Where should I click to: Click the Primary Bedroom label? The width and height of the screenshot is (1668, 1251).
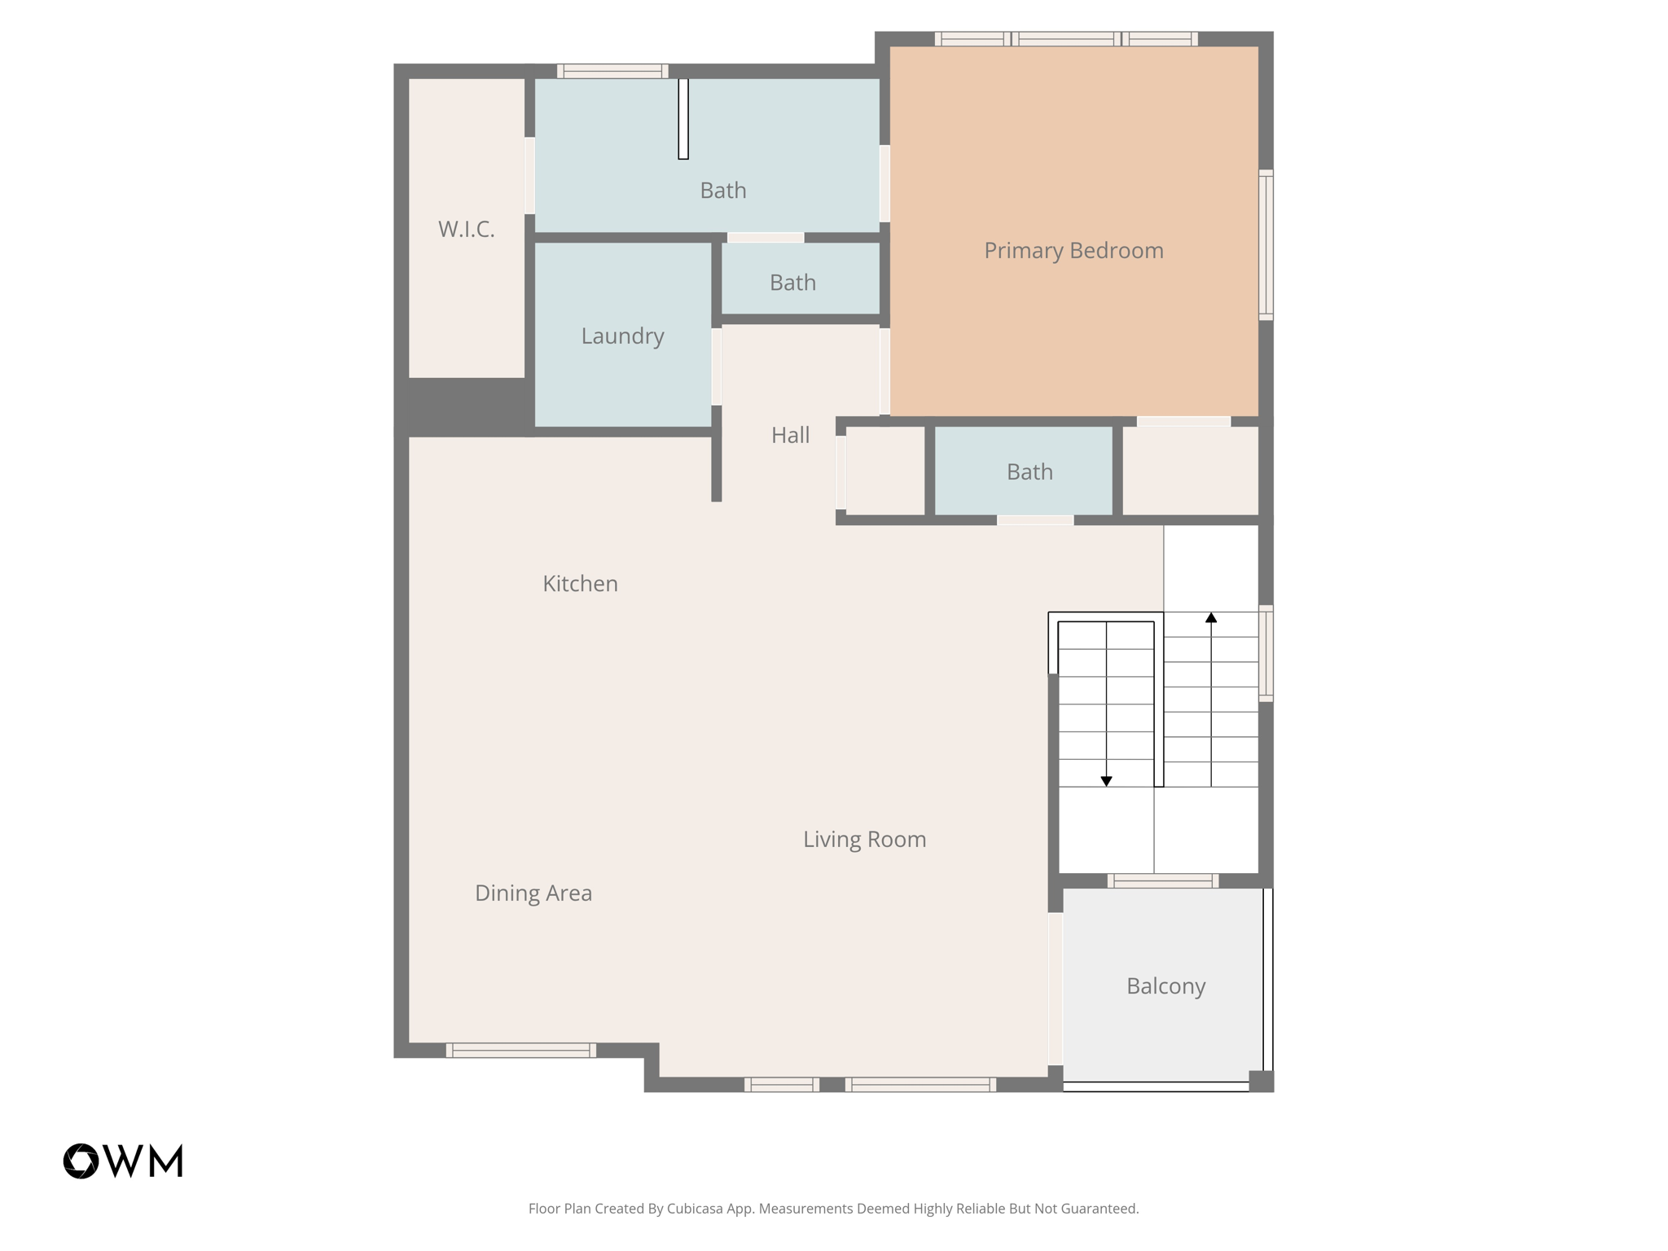[1073, 250]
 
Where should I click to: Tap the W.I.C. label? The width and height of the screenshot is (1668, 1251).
[466, 229]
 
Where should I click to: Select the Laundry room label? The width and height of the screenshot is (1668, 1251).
[622, 336]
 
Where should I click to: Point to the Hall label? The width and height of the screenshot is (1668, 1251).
[790, 435]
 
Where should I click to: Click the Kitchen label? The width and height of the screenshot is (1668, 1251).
[580, 583]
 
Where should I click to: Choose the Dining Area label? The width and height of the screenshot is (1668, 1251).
[533, 893]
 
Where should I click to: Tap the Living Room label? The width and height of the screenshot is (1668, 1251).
[864, 839]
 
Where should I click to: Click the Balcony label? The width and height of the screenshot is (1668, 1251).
[1165, 985]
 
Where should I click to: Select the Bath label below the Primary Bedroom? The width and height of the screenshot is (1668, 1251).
[1029, 472]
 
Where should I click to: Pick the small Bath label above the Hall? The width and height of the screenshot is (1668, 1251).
[792, 283]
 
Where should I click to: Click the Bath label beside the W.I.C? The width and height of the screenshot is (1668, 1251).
[722, 190]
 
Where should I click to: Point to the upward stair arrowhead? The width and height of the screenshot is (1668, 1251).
[1211, 618]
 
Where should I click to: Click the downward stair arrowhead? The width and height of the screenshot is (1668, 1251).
[1106, 781]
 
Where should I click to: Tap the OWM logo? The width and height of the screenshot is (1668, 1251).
[123, 1161]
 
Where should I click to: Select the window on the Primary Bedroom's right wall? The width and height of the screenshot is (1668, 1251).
[1266, 244]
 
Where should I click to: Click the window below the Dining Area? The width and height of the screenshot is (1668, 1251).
[521, 1050]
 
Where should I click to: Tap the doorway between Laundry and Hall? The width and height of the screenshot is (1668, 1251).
[717, 367]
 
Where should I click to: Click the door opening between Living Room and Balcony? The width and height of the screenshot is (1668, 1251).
[1056, 988]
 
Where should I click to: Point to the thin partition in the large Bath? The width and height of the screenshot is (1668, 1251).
[683, 119]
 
